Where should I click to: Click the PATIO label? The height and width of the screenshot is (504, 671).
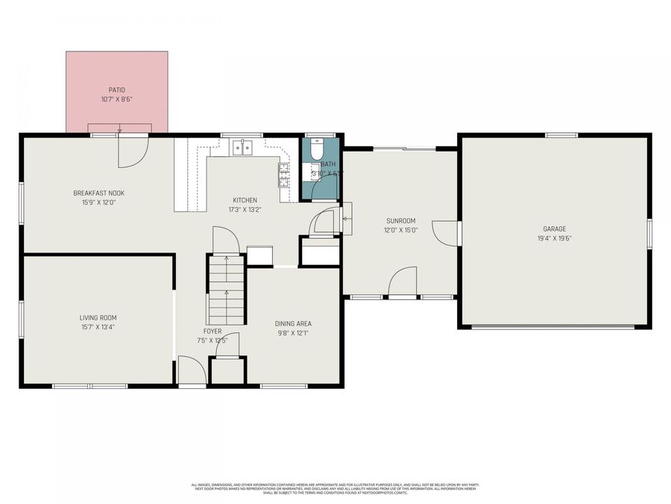click(116, 90)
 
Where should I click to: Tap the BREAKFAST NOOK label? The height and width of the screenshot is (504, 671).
click(98, 193)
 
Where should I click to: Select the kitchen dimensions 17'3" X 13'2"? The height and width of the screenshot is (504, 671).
click(245, 209)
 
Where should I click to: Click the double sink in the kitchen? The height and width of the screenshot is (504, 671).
click(242, 148)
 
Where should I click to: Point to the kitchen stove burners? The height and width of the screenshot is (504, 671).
click(284, 173)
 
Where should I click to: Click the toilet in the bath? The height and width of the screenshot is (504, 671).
click(315, 149)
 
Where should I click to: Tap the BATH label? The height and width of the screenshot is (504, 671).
click(329, 164)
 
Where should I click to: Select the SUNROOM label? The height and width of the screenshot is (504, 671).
click(400, 221)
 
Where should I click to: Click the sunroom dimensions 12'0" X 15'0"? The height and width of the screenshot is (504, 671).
click(400, 230)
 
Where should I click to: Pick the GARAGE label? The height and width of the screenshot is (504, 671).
click(554, 229)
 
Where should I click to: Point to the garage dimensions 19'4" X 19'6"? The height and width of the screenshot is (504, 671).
click(554, 238)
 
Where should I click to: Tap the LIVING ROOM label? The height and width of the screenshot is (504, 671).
click(98, 317)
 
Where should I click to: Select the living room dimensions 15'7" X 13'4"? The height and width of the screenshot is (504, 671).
click(98, 326)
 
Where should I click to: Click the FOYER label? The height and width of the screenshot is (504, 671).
click(212, 331)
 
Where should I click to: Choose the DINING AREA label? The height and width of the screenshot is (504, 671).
click(293, 323)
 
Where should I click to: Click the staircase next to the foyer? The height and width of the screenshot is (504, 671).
click(226, 291)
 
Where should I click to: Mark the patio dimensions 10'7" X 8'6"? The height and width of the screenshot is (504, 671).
click(116, 99)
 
